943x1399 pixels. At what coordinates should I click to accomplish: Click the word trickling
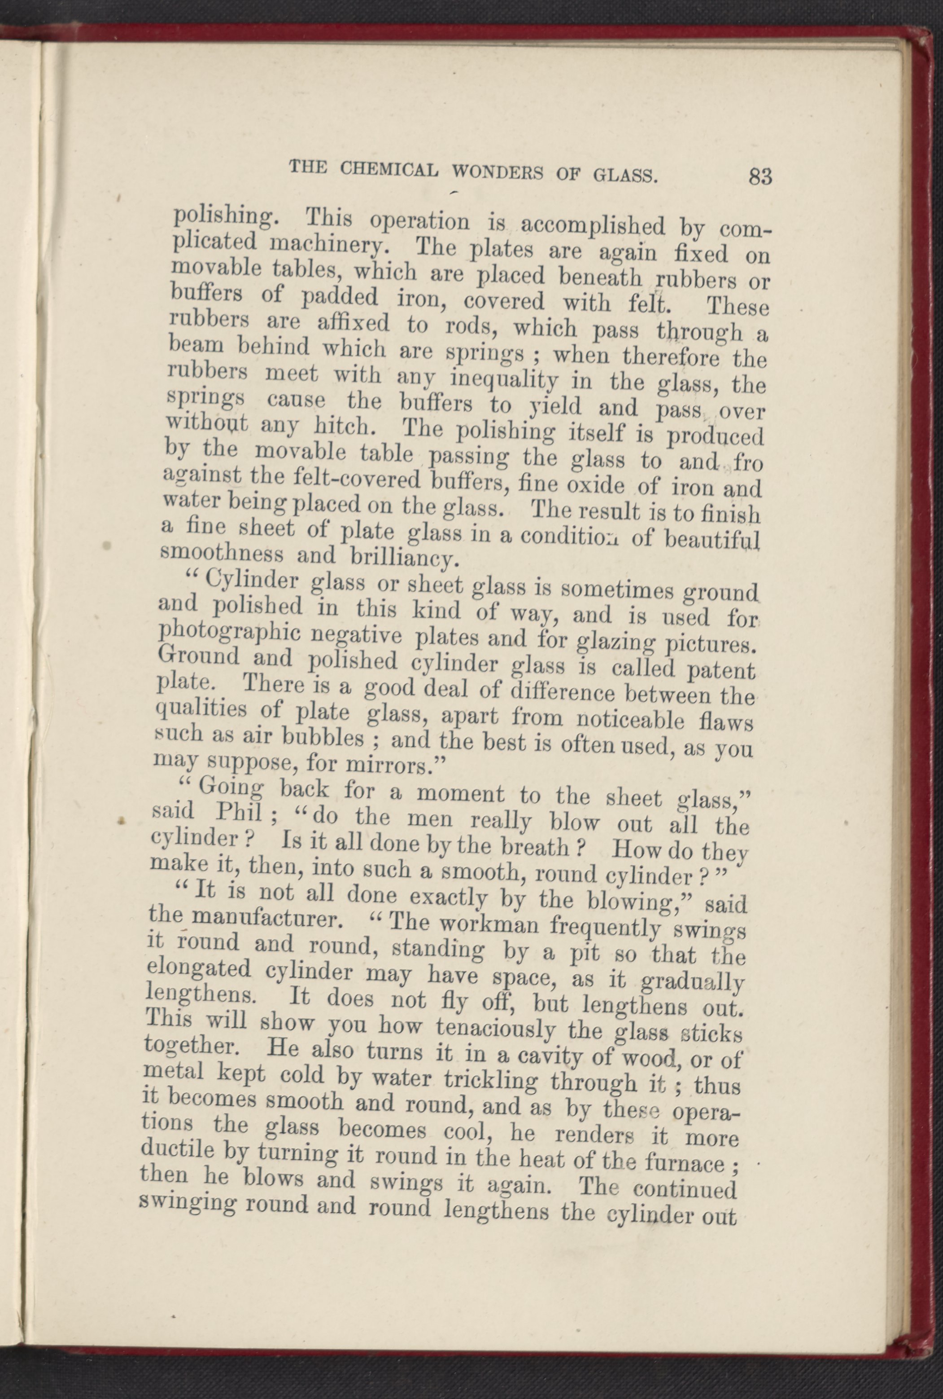click(x=493, y=1080)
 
